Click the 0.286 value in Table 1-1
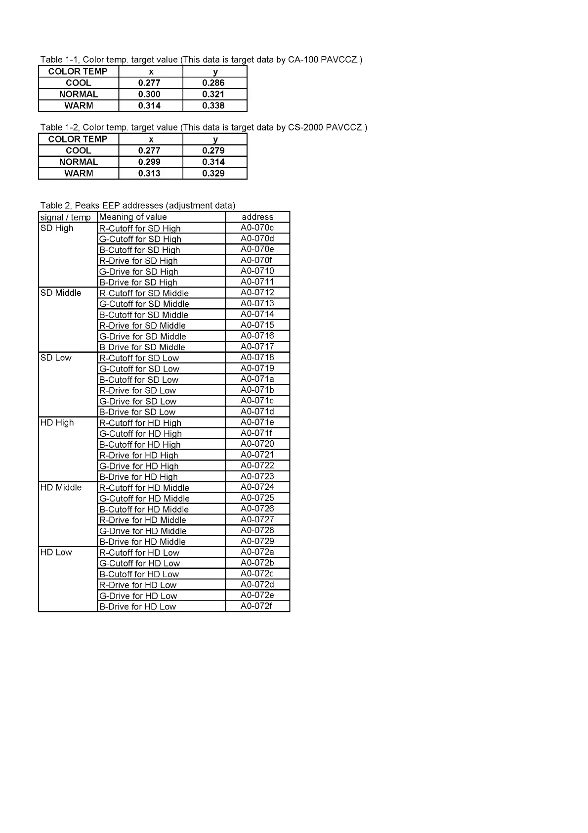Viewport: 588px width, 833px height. [x=213, y=83]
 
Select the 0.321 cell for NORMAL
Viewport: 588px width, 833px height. [x=213, y=94]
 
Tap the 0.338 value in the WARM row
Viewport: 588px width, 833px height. [x=213, y=106]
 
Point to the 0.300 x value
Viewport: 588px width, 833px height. [x=149, y=94]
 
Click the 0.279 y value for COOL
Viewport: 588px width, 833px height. [x=213, y=151]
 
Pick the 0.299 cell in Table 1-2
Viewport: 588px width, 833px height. [x=149, y=162]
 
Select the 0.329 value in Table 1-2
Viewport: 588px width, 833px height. [x=213, y=174]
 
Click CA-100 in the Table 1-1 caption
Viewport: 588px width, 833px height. [x=303, y=60]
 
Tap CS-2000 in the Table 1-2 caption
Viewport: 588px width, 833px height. [x=305, y=128]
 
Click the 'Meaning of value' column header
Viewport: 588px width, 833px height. [x=133, y=217]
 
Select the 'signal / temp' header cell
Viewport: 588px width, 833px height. [x=66, y=218]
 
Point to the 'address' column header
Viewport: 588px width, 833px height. [x=257, y=217]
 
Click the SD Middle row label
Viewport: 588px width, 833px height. [x=61, y=293]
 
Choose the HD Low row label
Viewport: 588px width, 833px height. [x=56, y=553]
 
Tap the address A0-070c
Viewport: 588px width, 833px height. [x=257, y=228]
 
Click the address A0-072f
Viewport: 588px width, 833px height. [x=256, y=606]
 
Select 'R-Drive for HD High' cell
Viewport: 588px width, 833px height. [x=139, y=456]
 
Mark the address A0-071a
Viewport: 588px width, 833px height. [x=257, y=379]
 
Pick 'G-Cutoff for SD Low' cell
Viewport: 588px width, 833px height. [x=139, y=369]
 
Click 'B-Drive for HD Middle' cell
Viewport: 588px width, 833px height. [x=142, y=542]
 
